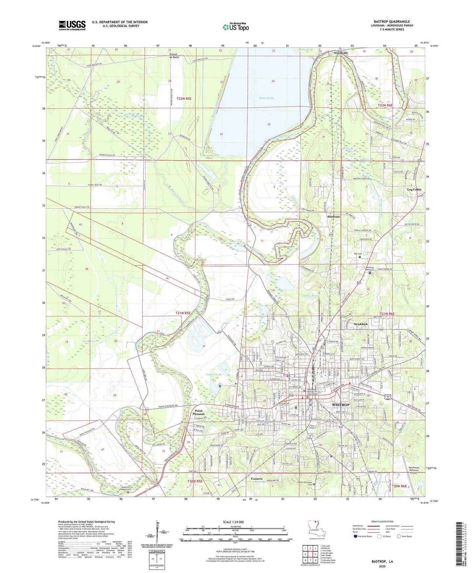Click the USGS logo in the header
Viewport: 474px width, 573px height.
[72, 25]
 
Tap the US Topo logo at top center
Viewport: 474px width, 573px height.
[236, 27]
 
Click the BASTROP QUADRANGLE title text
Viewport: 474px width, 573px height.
[392, 22]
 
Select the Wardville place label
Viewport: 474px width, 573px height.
[341, 53]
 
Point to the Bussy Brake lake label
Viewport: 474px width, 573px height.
[266, 98]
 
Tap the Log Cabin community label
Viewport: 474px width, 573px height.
[414, 190]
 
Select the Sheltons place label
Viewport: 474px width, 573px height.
[333, 217]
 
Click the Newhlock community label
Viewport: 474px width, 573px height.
[361, 324]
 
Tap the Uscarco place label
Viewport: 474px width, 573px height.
[257, 479]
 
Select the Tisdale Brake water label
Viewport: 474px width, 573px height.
[214, 374]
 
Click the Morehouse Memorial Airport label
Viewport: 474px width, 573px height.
[414, 470]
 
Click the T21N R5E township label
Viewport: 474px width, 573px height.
[183, 313]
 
